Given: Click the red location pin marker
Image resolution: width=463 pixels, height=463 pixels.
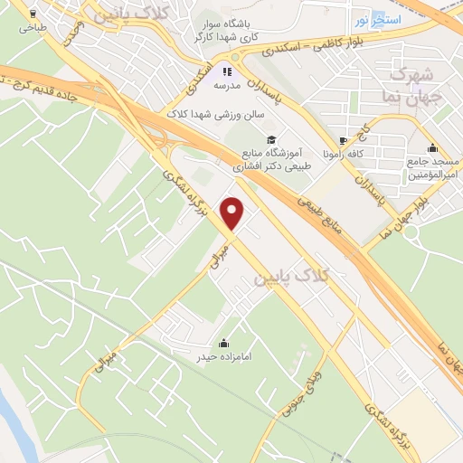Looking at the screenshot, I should (x=233, y=213).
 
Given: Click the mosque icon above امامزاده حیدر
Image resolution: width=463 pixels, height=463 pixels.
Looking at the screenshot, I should (x=223, y=344).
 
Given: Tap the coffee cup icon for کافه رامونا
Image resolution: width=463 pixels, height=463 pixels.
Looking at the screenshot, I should (x=343, y=140).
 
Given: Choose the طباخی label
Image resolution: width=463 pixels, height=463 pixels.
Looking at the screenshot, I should (x=33, y=28).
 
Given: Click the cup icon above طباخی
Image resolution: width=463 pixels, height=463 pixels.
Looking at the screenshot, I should (x=33, y=14).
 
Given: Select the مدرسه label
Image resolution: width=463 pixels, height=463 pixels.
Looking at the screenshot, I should (x=228, y=86).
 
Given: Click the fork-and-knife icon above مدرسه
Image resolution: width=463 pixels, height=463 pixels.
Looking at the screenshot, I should (x=228, y=71).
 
